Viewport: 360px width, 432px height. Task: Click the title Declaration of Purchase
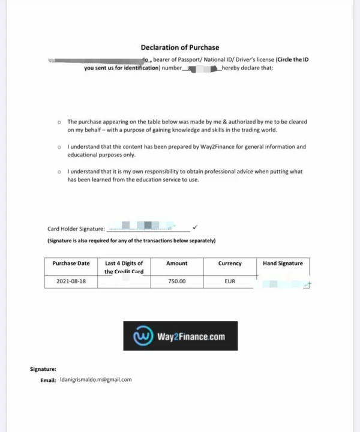click(x=180, y=47)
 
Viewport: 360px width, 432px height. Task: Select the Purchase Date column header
click(x=71, y=263)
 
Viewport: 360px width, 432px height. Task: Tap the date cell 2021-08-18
click(x=71, y=281)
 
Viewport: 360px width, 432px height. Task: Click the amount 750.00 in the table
click(x=176, y=281)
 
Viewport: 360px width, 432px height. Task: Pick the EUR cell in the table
click(x=230, y=281)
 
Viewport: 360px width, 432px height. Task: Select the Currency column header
click(x=230, y=263)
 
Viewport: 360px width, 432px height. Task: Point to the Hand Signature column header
click(x=283, y=263)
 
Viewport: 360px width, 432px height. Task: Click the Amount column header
click(x=176, y=263)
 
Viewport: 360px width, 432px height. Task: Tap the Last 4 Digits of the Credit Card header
click(x=124, y=267)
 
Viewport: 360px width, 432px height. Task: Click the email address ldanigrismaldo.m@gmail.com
click(x=95, y=380)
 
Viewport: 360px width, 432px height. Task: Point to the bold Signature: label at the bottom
click(x=43, y=370)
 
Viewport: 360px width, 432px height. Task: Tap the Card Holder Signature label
click(x=76, y=229)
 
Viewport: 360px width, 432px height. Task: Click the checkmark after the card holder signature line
click(x=196, y=227)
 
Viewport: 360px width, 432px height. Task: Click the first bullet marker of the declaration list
click(x=59, y=121)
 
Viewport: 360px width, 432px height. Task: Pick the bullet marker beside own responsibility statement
click(x=59, y=172)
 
